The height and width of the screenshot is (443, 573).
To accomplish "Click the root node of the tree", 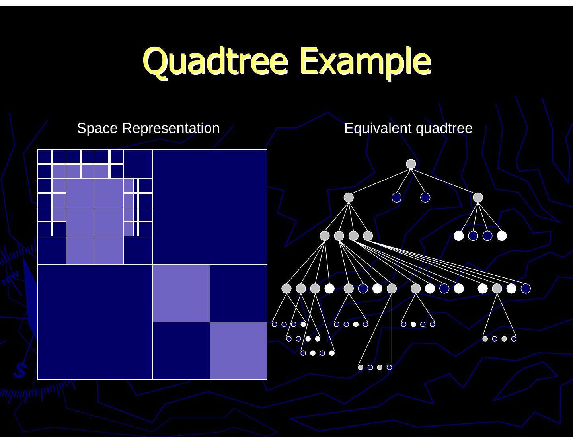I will click(x=411, y=164).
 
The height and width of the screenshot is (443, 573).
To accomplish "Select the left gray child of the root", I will click(x=349, y=197).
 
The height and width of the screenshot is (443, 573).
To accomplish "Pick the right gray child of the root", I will click(x=478, y=197).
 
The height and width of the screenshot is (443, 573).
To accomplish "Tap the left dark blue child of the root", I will click(x=396, y=197).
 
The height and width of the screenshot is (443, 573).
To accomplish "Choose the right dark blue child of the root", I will click(x=425, y=197).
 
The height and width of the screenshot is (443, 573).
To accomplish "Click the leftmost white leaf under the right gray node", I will click(x=459, y=236).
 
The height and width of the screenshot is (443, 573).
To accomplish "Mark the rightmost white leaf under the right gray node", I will click(x=502, y=236).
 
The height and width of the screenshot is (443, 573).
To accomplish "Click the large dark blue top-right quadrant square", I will click(x=210, y=207).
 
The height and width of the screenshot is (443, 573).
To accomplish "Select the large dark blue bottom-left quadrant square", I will click(x=95, y=322).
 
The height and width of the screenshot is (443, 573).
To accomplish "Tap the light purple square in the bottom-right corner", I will click(x=238, y=350).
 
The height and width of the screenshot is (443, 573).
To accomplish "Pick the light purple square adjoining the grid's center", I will click(x=181, y=293).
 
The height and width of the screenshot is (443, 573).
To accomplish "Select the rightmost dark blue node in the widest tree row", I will click(x=526, y=289).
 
